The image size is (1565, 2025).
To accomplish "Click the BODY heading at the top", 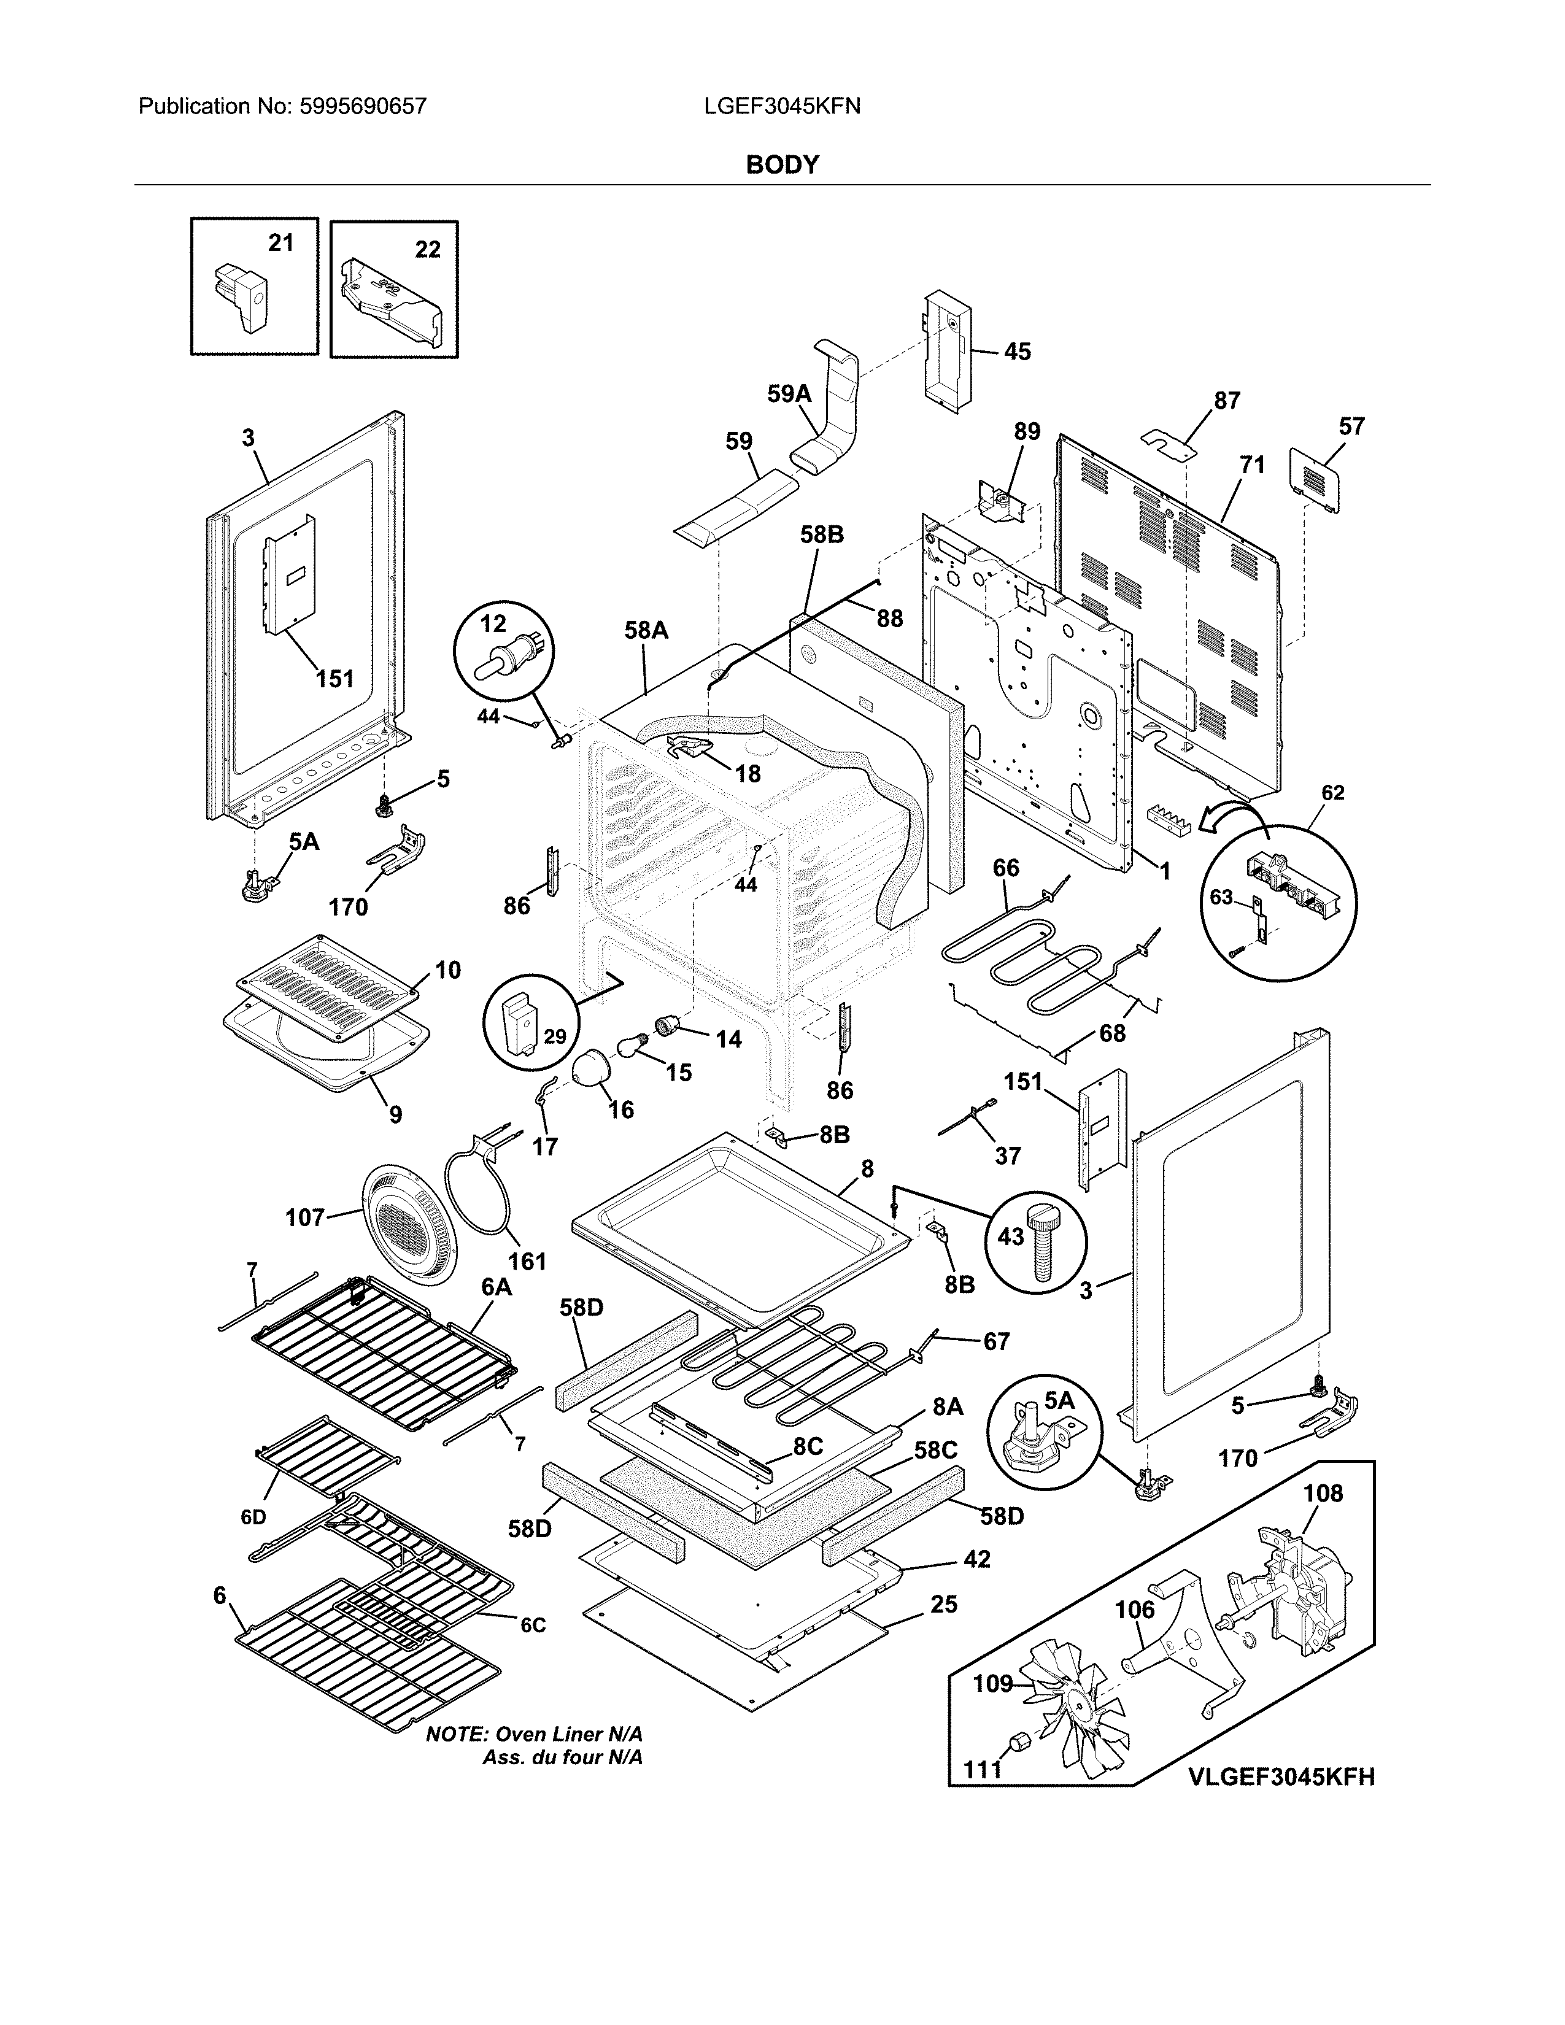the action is tap(782, 165).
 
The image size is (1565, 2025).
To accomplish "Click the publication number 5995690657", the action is tap(363, 107).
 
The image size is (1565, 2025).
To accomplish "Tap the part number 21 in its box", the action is tap(281, 243).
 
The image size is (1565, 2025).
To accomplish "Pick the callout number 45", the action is tap(1017, 352).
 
